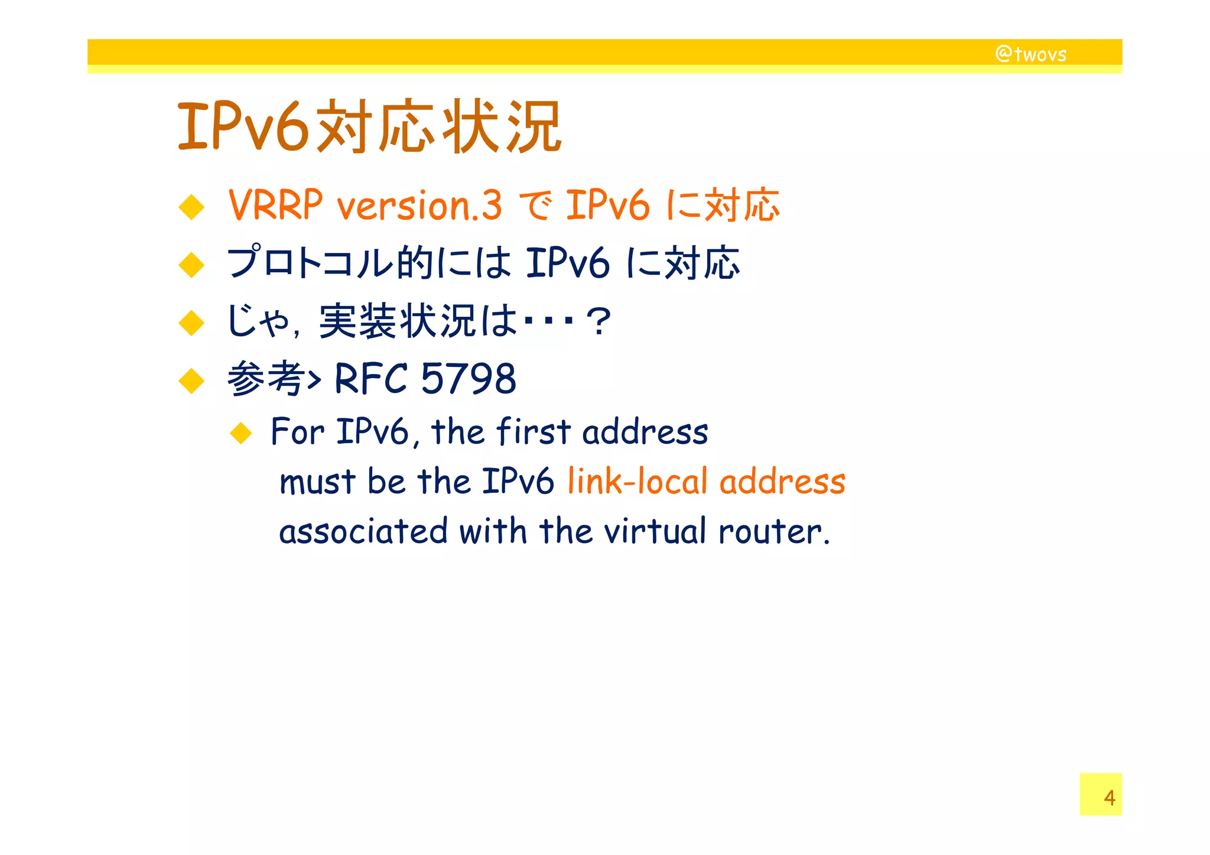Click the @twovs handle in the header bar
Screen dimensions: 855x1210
coord(1031,54)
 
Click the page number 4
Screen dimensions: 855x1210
coord(1109,798)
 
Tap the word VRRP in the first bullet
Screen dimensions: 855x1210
coord(275,205)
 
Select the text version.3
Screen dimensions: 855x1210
coord(419,206)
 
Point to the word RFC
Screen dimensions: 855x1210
coord(371,378)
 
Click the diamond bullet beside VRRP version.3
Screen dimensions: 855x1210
coord(191,207)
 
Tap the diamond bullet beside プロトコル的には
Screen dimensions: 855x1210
coord(191,265)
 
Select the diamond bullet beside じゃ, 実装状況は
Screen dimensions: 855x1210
coord(191,323)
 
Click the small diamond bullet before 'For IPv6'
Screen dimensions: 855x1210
coord(241,433)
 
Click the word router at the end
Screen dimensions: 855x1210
coord(773,531)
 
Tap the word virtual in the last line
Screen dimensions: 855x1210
coord(655,531)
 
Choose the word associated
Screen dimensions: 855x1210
coord(363,531)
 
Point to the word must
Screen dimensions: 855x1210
coord(317,481)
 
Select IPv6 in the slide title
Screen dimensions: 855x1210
coord(243,126)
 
